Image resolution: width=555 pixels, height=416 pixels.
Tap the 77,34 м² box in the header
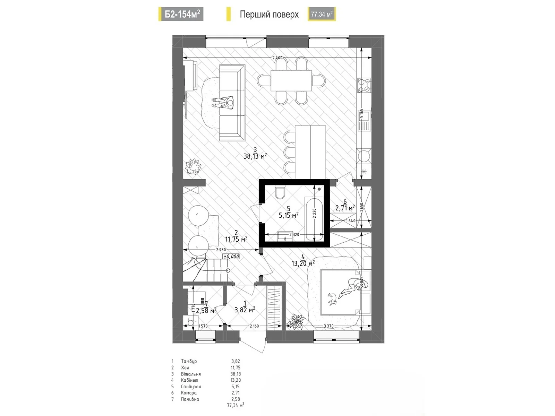pyautogui.click(x=322, y=14)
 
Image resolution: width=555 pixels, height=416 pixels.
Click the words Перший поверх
pyautogui.click(x=269, y=15)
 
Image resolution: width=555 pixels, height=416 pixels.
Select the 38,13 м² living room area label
pyautogui.click(x=255, y=156)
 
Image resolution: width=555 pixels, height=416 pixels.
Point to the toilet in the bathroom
pyautogui.click(x=280, y=192)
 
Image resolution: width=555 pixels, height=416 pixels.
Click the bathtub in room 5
pyautogui.click(x=314, y=218)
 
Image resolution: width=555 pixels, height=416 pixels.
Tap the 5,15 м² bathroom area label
pyautogui.click(x=289, y=215)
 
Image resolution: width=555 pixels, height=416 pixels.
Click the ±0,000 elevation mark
pyautogui.click(x=231, y=257)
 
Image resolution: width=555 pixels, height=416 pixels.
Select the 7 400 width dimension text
pyautogui.click(x=277, y=58)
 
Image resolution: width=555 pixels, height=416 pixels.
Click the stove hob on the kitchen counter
pyautogui.click(x=364, y=85)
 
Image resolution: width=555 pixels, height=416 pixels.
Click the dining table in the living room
pyautogui.click(x=291, y=80)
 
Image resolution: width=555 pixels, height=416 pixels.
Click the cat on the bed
pyautogui.click(x=333, y=298)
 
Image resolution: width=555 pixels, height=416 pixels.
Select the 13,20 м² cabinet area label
pyautogui.click(x=303, y=263)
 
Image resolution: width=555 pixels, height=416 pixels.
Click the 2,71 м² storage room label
pyautogui.click(x=345, y=208)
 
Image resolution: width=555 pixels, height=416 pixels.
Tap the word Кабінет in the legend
pyautogui.click(x=189, y=380)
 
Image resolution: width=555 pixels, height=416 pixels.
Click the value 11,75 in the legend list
pyautogui.click(x=236, y=368)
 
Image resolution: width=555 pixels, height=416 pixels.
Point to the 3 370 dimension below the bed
pyautogui.click(x=328, y=326)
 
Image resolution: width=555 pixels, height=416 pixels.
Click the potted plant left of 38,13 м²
pyautogui.click(x=193, y=166)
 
